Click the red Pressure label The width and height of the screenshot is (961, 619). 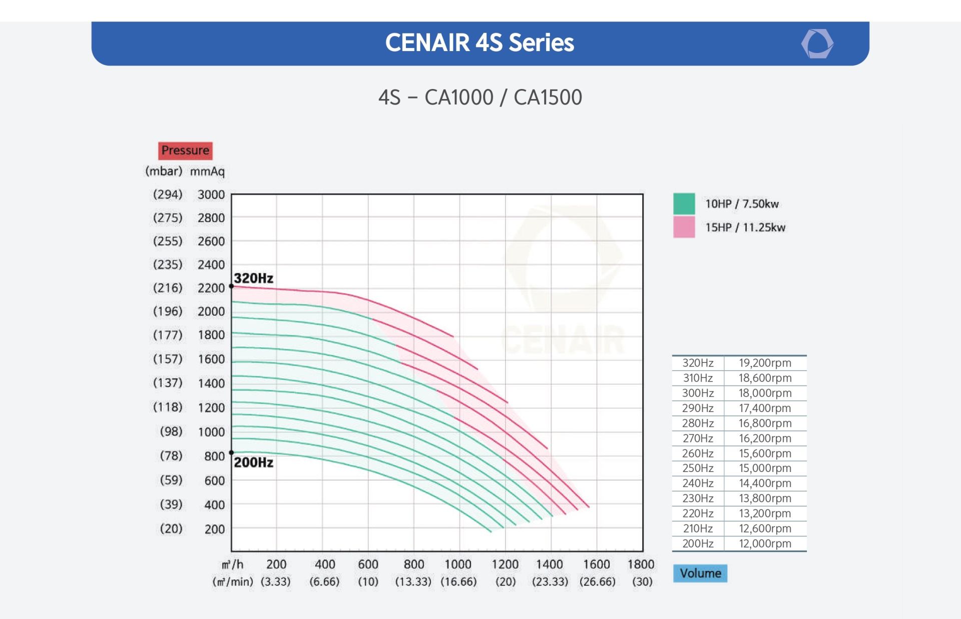[185, 150]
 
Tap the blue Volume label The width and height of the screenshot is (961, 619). [700, 573]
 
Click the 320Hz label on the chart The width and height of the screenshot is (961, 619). [254, 278]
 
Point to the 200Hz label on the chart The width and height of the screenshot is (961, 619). [254, 462]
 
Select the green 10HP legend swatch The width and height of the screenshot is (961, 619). [684, 203]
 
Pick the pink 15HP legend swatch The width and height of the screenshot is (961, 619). [684, 227]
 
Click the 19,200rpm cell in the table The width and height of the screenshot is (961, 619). [765, 363]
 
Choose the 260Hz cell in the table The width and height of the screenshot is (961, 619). [698, 453]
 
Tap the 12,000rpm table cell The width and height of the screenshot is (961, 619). [765, 543]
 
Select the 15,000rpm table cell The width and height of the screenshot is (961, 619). [765, 468]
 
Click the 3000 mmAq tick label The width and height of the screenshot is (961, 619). [211, 194]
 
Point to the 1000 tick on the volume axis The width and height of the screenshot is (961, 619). [458, 564]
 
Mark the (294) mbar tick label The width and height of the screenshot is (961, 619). [168, 194]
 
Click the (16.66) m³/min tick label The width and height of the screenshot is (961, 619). [458, 581]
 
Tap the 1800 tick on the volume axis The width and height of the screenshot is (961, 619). [641, 564]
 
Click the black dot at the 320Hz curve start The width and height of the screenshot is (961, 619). [231, 286]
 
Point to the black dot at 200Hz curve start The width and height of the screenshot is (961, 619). [231, 453]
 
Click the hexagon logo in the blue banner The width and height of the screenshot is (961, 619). [817, 43]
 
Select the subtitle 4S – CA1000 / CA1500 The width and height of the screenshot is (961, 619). [480, 97]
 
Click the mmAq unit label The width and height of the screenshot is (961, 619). [207, 171]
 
